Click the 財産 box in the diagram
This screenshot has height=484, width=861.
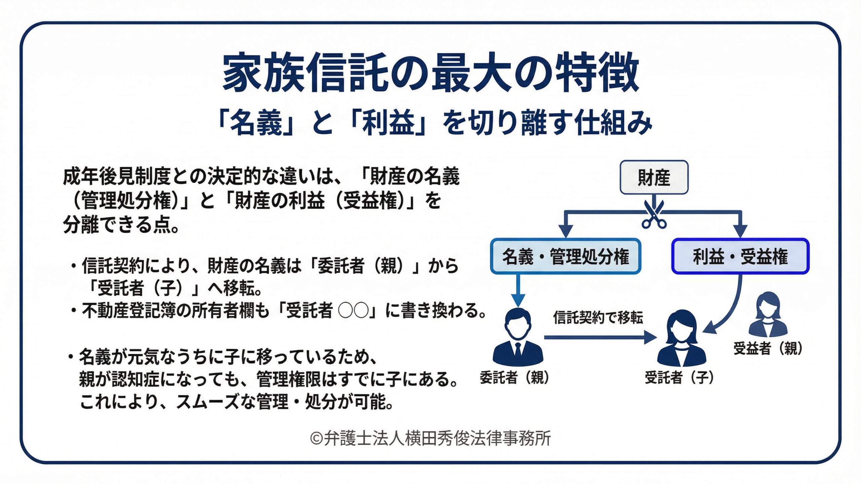click(x=654, y=177)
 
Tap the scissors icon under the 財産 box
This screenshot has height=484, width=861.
click(x=654, y=215)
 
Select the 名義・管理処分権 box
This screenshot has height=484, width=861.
click(x=565, y=256)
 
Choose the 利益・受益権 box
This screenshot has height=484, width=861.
click(x=740, y=256)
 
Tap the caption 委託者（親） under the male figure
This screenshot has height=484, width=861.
click(x=515, y=377)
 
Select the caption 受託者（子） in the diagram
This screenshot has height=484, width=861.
click(x=679, y=377)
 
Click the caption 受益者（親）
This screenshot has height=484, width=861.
click(x=768, y=349)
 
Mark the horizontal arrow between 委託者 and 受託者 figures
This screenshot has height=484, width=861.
click(x=599, y=337)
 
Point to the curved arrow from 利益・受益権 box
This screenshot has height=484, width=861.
click(x=733, y=309)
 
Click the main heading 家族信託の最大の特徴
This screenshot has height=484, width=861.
click(x=430, y=73)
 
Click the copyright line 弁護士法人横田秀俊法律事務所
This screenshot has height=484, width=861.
click(x=430, y=438)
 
